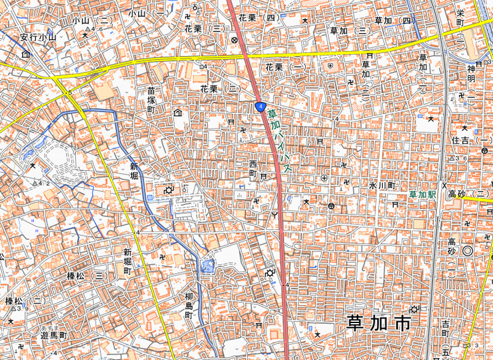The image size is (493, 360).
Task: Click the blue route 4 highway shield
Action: (261, 107)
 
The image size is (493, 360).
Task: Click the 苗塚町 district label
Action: (152, 99)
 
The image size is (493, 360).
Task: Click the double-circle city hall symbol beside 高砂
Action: (467, 250)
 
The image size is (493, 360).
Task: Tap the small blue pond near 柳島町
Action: (205, 266)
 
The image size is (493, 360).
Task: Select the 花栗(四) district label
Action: (263, 18)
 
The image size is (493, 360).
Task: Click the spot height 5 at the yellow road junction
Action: (70, 92)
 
